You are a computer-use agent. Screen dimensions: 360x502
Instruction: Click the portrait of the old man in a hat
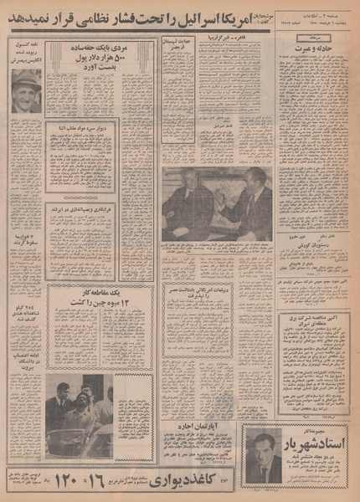[26, 90]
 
